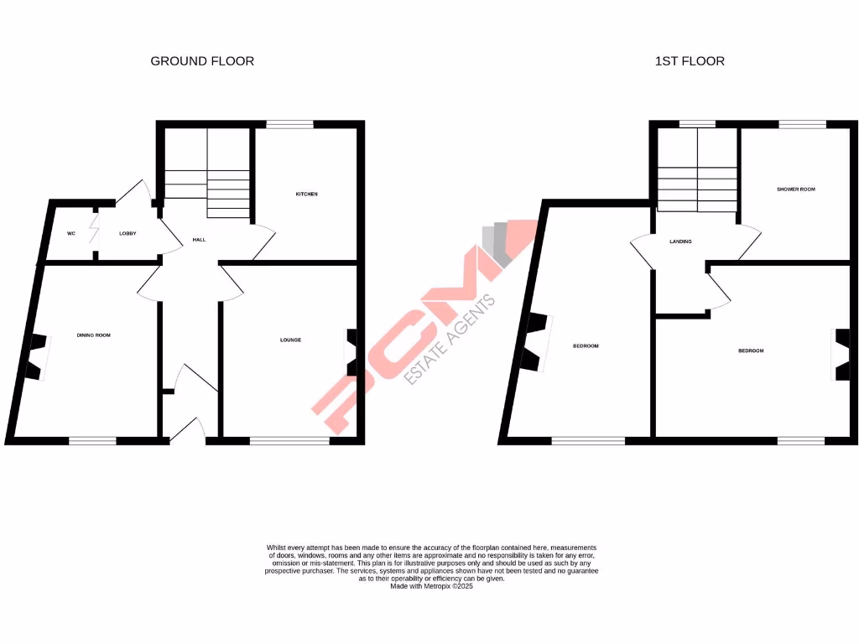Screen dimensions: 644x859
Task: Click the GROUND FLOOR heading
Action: pyautogui.click(x=202, y=61)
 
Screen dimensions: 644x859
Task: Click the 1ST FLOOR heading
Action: pyautogui.click(x=690, y=61)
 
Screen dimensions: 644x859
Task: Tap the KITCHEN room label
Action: pyautogui.click(x=306, y=195)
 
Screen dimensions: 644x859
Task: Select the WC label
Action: pyautogui.click(x=71, y=233)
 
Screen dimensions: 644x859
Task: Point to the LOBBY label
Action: pyautogui.click(x=128, y=233)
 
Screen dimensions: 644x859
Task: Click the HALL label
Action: pyautogui.click(x=199, y=240)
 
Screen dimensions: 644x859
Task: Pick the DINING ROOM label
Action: pyautogui.click(x=94, y=335)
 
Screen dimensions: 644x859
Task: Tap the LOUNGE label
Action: pyautogui.click(x=290, y=340)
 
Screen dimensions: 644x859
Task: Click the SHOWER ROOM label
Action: pyautogui.click(x=795, y=190)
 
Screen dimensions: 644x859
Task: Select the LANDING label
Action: pyautogui.click(x=680, y=241)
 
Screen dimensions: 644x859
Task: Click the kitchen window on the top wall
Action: pyautogui.click(x=290, y=125)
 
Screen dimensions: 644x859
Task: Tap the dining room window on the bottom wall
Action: pyautogui.click(x=92, y=439)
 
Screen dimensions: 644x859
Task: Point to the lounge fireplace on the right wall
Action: pyautogui.click(x=351, y=352)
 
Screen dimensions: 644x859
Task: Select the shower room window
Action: pyautogui.click(x=802, y=125)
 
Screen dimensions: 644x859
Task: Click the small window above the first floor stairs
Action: pyautogui.click(x=697, y=125)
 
